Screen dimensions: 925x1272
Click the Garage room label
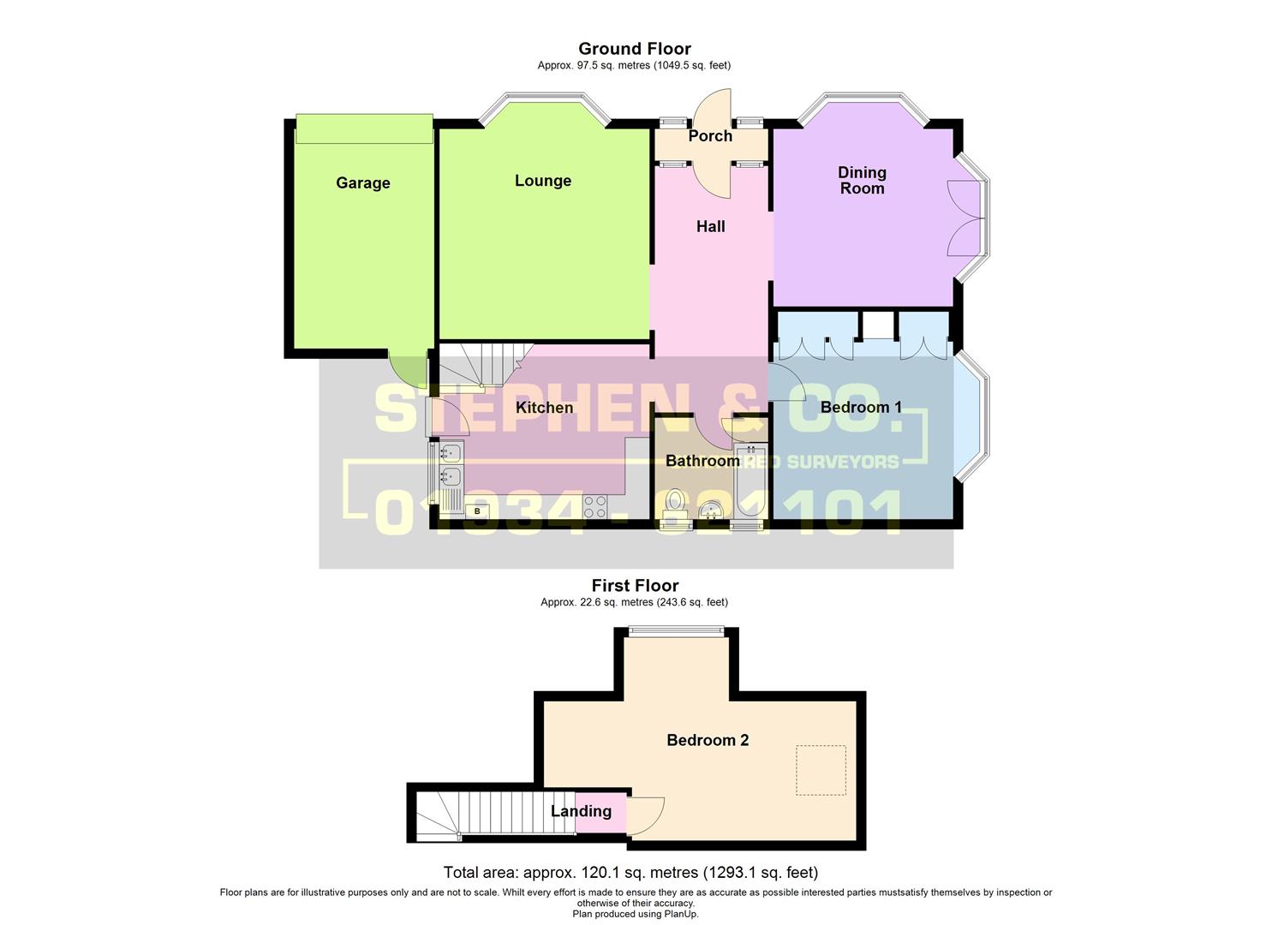point(362,182)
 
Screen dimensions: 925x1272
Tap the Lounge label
point(542,181)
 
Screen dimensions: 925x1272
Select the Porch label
point(710,136)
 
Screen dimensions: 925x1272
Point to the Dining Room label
point(862,181)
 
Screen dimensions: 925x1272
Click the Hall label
point(710,226)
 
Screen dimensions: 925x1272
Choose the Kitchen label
point(544,408)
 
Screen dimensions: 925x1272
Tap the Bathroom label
point(702,461)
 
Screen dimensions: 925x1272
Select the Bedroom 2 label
point(708,740)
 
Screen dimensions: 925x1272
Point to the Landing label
point(581,811)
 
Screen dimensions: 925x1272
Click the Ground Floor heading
point(634,49)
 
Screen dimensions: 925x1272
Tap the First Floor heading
point(635,586)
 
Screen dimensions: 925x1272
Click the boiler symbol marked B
point(477,510)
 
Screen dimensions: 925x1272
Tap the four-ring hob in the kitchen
point(594,506)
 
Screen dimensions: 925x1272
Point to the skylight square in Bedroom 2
point(821,771)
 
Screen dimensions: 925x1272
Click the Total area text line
point(630,873)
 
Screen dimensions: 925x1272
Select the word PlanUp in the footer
point(681,914)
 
